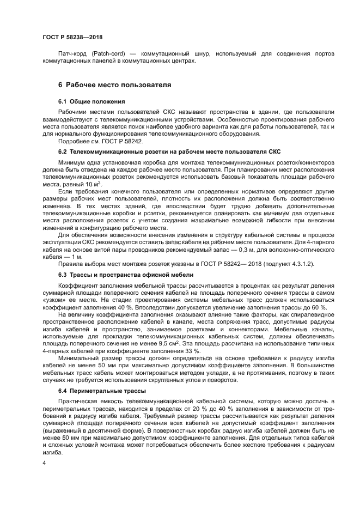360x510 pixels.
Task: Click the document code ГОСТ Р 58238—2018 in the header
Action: pyautogui.click(x=72, y=37)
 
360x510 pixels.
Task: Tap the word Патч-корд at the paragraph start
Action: pyautogui.click(x=71, y=54)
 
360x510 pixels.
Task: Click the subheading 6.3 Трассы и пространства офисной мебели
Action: pyautogui.click(x=125, y=275)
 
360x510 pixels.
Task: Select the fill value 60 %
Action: pyautogui.click(x=297, y=307)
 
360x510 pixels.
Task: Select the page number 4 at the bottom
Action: pyautogui.click(x=44, y=463)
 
